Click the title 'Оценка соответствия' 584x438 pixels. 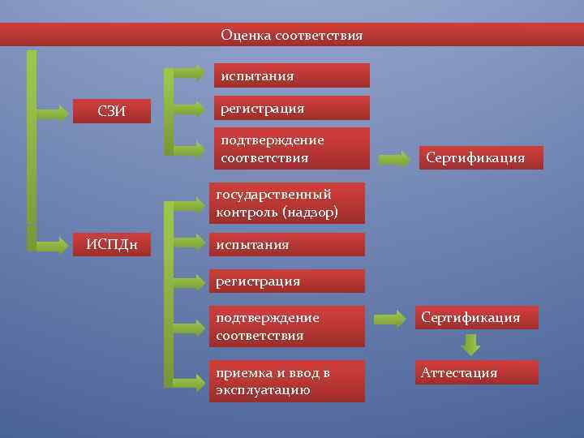(291, 36)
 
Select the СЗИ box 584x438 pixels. (111, 111)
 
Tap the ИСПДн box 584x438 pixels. (111, 243)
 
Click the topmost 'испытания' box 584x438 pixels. (291, 75)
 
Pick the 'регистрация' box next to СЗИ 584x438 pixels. (291, 108)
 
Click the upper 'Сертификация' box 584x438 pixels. (483, 157)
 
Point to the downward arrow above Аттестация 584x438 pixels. (470, 345)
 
